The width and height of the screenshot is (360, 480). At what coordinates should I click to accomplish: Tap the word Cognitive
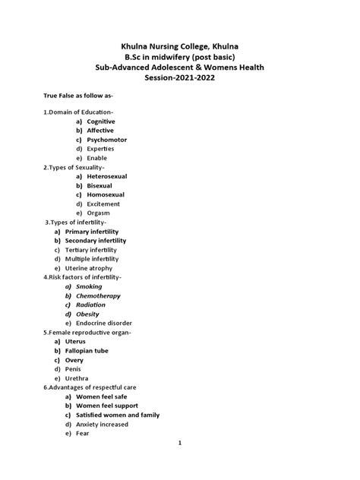[101, 121]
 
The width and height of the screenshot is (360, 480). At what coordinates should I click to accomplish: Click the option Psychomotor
[107, 141]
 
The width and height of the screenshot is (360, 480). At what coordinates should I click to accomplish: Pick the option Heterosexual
[107, 176]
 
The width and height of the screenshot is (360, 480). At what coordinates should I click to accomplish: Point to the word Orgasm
[99, 213]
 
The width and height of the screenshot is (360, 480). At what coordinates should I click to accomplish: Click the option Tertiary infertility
[91, 250]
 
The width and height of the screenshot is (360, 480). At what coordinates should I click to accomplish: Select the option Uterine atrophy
[89, 268]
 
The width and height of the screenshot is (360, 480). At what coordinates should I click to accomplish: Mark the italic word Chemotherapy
[93, 295]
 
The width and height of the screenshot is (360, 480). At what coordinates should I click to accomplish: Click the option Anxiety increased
[112, 425]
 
